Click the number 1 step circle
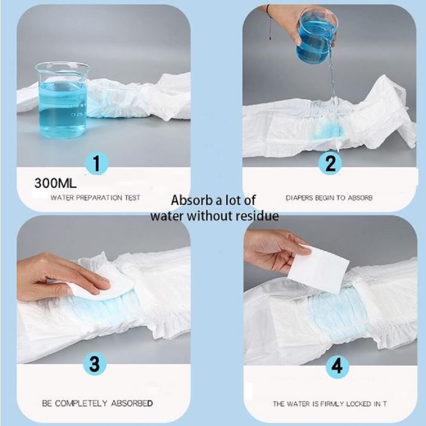pos(97,163)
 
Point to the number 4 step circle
pos(337,366)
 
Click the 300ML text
pos(55,183)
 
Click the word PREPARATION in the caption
pos(99,198)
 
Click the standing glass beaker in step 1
pos(62,100)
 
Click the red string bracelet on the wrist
pos(269,22)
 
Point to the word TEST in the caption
pos(132,198)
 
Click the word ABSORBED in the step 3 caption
pos(132,403)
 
